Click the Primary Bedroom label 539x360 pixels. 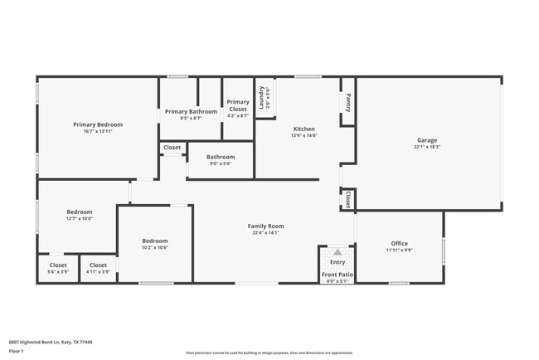point(98,124)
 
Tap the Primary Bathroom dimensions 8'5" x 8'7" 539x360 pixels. point(191,118)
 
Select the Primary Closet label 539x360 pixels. point(238,105)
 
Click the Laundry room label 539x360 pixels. point(261,98)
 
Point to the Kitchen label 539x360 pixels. point(304,129)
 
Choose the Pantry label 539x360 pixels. point(347,102)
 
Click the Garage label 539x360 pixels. point(427,140)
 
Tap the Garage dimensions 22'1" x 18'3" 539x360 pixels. point(427,147)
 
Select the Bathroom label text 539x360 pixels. point(221,157)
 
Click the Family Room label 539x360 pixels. point(266,226)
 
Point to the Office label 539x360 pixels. point(399,243)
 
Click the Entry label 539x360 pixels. point(337,262)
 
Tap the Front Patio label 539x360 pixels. point(337,274)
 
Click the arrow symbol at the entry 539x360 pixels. point(337,252)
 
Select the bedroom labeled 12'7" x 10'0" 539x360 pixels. point(80,215)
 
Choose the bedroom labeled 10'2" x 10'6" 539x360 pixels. point(154,244)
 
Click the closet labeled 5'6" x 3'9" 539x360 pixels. point(58,268)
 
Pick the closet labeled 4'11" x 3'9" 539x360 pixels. point(98,268)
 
